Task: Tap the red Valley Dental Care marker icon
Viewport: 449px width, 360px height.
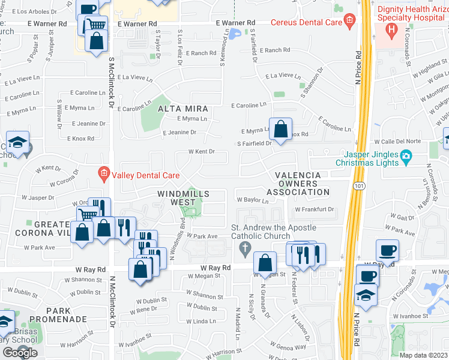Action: [103, 175]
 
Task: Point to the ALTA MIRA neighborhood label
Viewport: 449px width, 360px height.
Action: [183, 109]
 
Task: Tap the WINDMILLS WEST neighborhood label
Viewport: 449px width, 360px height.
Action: [184, 198]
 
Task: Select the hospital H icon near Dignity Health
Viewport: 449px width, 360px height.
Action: [391, 28]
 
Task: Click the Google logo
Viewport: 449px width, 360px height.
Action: [20, 353]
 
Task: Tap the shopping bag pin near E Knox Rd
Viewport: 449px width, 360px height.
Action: [280, 128]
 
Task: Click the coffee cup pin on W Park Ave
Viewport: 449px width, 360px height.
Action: [387, 250]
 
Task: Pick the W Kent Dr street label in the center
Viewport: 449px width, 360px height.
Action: [201, 152]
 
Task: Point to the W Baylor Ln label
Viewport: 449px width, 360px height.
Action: [253, 200]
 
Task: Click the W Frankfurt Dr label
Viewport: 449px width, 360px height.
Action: [314, 209]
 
